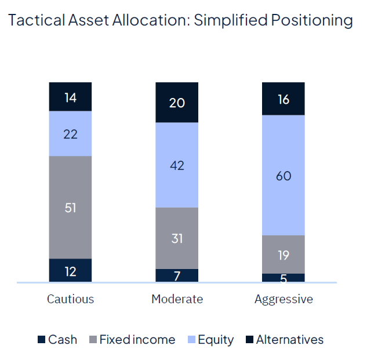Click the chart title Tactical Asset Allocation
pos(180,21)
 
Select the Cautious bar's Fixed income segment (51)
pos(70,207)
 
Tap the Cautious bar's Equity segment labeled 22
pos(70,133)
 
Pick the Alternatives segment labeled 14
pos(70,97)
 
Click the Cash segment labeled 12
pos(70,270)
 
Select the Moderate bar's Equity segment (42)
pos(177,165)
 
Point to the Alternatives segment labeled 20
pos(177,103)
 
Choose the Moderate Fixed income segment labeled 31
pos(177,238)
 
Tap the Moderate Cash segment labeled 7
pos(177,275)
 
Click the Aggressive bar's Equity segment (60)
pos(284,175)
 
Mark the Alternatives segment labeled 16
pos(284,99)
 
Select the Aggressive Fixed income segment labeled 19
pos(284,254)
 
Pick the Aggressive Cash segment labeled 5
pos(284,278)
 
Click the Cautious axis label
pos(70,299)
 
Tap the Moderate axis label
pos(177,299)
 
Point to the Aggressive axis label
pos(284,299)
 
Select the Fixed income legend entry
pos(132,340)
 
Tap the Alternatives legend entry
pos(285,340)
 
